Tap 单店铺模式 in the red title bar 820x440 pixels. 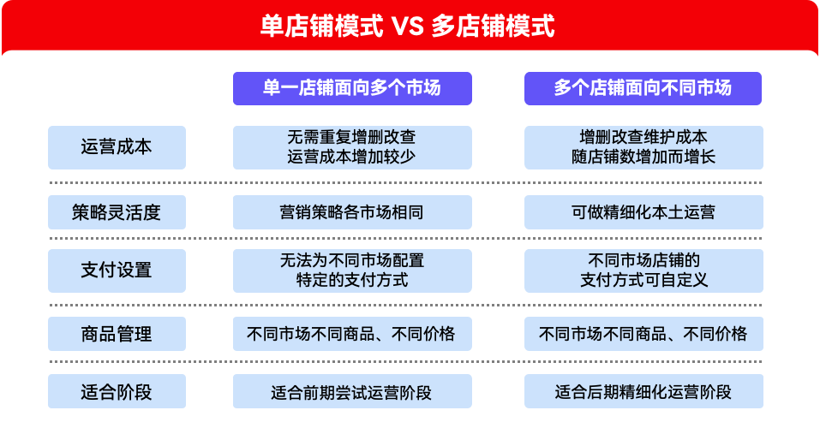coord(321,27)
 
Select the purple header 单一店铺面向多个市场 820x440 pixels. coord(352,88)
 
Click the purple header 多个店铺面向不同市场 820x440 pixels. coord(643,88)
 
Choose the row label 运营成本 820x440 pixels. coord(117,147)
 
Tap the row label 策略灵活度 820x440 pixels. coord(117,212)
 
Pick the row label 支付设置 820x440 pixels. coord(117,271)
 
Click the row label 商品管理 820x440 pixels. coord(117,334)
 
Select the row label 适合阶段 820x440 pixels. coord(117,392)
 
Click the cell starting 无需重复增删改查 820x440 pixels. coord(352,147)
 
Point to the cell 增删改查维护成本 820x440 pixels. coord(643,147)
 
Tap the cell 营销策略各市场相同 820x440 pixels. coord(352,212)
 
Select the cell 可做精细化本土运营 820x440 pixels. coord(643,212)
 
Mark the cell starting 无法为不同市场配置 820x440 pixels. coord(352,271)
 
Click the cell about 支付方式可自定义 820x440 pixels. coord(643,271)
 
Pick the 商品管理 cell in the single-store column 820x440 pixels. coord(352,334)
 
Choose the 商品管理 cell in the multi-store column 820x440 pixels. coord(643,334)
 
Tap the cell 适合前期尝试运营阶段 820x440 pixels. coord(352,392)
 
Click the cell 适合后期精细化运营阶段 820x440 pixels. coord(643,392)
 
